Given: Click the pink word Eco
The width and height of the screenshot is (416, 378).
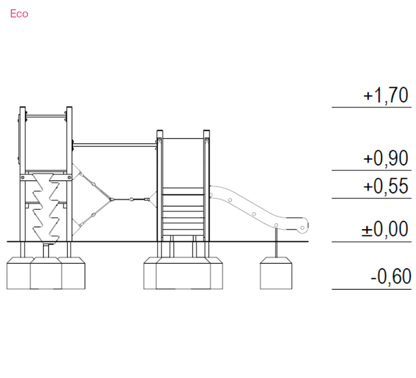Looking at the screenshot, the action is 19,14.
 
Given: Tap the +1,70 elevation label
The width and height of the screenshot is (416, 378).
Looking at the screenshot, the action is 385,95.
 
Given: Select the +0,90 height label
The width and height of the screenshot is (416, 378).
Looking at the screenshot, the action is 385,158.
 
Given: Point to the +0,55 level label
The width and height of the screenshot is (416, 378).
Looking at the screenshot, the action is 385,186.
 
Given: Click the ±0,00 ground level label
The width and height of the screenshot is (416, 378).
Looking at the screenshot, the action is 385,229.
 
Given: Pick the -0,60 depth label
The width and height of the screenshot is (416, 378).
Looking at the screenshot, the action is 391,277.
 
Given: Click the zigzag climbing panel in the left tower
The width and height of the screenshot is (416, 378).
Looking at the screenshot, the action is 46,208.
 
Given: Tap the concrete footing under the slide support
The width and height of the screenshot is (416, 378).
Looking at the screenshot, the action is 276,273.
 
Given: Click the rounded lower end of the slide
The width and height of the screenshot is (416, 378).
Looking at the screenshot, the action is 303,226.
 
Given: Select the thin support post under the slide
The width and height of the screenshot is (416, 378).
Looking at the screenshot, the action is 276,242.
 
